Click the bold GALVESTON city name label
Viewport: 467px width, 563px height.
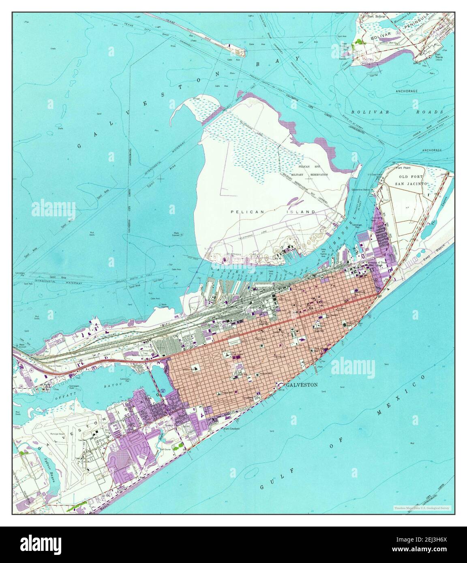(x=302, y=385)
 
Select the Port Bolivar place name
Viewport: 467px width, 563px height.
(x=374, y=17)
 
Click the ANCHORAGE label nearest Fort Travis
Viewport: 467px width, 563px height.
(x=407, y=91)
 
